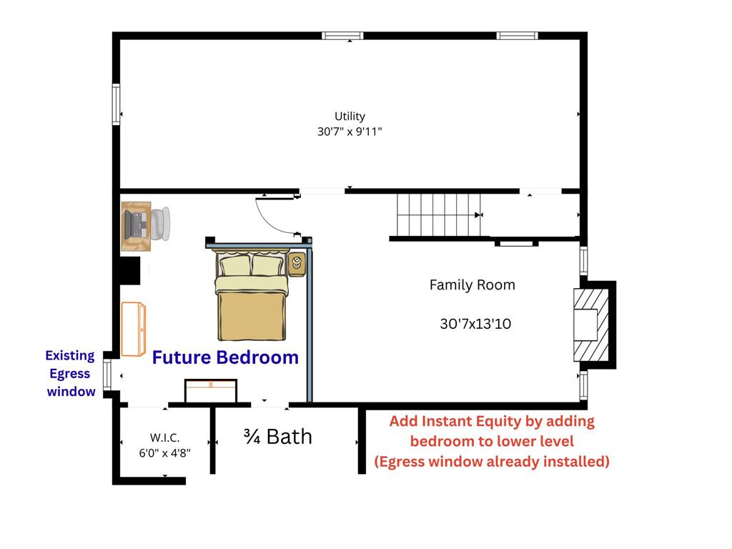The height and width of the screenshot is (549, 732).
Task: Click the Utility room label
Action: (350, 117)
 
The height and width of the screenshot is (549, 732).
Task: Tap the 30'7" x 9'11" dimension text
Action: (350, 132)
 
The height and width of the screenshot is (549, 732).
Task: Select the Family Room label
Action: (472, 285)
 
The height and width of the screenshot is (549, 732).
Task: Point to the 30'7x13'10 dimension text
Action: (475, 324)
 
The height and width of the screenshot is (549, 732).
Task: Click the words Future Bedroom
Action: (225, 357)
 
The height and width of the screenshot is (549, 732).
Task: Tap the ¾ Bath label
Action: (278, 437)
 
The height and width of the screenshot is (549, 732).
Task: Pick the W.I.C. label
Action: (165, 438)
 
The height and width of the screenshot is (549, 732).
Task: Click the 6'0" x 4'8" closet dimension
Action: (165, 452)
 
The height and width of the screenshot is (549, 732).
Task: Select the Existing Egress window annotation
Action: (71, 373)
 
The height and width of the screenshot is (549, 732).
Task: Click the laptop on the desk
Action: (135, 224)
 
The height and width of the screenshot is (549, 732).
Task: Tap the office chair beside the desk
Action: (159, 224)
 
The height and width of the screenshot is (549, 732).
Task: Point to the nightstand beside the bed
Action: (297, 264)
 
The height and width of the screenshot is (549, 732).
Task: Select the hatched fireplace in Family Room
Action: (591, 325)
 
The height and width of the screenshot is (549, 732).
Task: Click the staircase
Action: (439, 215)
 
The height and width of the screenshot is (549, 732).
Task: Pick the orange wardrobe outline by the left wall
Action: (134, 329)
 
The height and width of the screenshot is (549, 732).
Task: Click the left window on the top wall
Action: (342, 36)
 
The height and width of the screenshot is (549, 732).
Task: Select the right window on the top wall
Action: (518, 36)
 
